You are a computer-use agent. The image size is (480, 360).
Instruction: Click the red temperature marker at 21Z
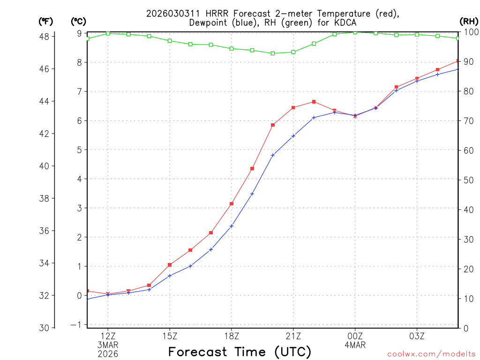293,108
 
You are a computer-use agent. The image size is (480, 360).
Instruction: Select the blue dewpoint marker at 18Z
232,226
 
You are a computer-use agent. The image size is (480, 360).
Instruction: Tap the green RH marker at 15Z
170,41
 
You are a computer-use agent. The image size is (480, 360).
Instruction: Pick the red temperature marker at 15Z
170,265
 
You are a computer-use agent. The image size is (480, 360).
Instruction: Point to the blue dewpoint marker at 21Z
293,136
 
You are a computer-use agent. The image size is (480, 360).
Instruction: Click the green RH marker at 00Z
355,32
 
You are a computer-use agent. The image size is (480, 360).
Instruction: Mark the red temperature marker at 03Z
417,78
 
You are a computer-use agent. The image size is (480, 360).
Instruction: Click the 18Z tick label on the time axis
232,336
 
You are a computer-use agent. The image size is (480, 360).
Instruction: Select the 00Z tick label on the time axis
355,336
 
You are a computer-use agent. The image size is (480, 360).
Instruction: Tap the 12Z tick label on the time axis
108,336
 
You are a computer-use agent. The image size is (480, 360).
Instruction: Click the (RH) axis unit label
469,21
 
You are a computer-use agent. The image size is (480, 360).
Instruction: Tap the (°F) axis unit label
45,21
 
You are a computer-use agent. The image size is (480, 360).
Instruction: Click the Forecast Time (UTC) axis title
240,352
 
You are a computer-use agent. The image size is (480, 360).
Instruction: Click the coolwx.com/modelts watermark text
431,354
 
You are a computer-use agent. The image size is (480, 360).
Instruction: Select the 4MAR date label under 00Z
355,345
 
